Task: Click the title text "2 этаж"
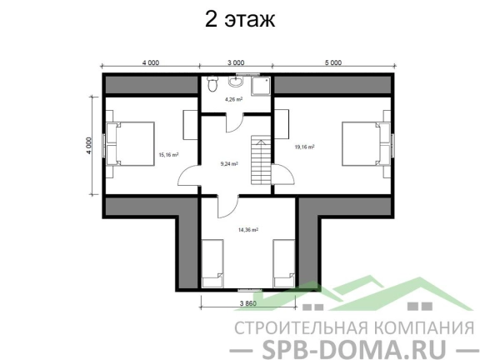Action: click(240, 19)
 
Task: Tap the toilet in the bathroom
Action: click(212, 84)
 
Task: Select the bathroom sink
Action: click(236, 81)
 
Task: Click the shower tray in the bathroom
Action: click(261, 87)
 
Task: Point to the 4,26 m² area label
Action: click(234, 99)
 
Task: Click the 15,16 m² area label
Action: click(168, 155)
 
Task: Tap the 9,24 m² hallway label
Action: click(229, 164)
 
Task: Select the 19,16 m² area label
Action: click(305, 147)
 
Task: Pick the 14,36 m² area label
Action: click(248, 230)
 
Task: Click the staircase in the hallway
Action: click(261, 160)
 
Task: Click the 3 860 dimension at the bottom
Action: click(248, 303)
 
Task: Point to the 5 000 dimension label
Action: click(333, 62)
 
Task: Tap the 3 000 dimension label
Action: click(236, 62)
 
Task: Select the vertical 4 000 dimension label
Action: click(88, 145)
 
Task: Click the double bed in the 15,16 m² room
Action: click(130, 144)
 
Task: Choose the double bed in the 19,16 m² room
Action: click(366, 144)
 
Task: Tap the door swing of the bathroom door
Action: click(235, 123)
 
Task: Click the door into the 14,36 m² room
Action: click(228, 207)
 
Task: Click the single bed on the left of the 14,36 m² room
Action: click(212, 263)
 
